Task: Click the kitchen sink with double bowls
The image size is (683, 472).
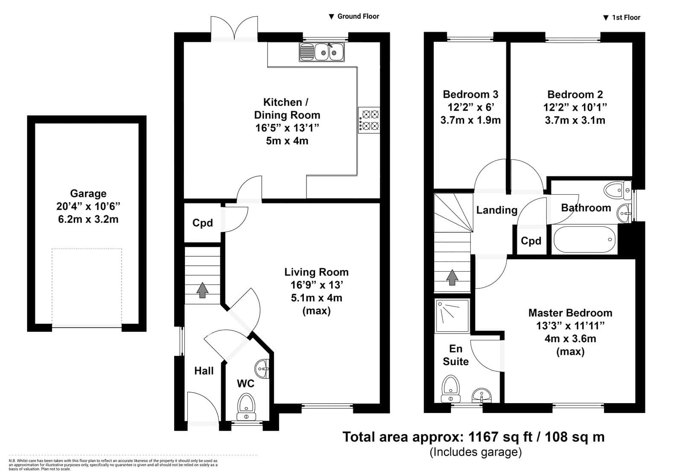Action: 322,52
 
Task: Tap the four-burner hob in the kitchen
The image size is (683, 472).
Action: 369,120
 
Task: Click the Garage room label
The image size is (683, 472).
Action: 88,193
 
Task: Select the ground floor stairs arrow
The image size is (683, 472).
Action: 202,290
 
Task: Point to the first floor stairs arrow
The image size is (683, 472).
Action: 452,277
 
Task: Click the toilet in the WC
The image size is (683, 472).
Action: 246,407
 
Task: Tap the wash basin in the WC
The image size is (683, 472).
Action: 262,369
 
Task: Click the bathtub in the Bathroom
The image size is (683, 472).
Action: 584,240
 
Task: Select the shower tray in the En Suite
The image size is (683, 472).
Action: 452,316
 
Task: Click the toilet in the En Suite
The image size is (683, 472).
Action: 450,389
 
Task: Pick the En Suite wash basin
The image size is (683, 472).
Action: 482,396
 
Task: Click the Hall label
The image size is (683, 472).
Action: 204,371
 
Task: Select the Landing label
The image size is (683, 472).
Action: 497,210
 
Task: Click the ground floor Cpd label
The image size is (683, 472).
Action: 202,223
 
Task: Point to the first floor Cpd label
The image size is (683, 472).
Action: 531,241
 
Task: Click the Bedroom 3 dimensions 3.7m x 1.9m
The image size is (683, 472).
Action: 470,120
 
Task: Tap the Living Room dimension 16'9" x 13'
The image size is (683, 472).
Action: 316,285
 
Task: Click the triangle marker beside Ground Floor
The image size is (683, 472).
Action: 331,17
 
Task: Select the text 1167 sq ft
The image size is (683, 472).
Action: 500,437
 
